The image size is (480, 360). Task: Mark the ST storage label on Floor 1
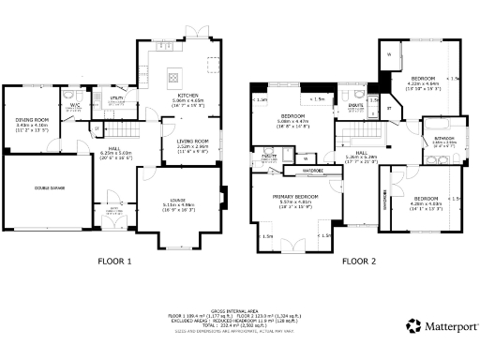coord(96,126)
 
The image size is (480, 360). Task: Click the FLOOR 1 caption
coord(115,262)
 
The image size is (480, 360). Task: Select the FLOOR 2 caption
coord(359,262)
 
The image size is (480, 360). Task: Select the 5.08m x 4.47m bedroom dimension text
coord(294,121)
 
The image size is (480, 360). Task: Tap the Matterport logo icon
coord(412,325)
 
